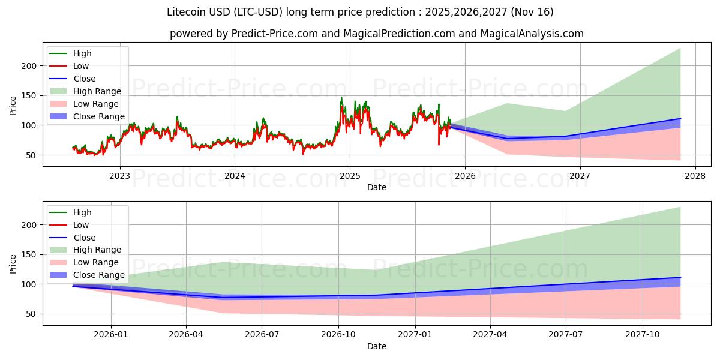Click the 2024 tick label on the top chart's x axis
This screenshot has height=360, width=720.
tap(235, 176)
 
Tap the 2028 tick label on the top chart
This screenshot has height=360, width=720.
tap(695, 176)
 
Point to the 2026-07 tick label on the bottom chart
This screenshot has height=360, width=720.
tap(262, 335)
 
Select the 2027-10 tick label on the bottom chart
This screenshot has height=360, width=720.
tap(643, 335)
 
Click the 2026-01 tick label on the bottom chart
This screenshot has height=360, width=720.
tap(111, 335)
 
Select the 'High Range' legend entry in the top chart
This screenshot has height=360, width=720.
tap(97, 91)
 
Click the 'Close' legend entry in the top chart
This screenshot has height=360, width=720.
tap(84, 79)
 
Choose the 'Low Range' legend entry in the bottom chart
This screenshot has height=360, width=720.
tap(96, 262)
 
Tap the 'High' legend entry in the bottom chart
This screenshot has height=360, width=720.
tap(82, 212)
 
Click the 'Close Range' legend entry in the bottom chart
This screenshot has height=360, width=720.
tap(99, 275)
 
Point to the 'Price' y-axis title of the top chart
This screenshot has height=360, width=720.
tap(13, 104)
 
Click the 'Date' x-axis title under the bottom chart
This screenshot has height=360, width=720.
tap(376, 346)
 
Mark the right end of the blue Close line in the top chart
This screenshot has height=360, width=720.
tap(680, 118)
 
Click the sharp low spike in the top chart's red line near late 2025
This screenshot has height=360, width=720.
tap(439, 145)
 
